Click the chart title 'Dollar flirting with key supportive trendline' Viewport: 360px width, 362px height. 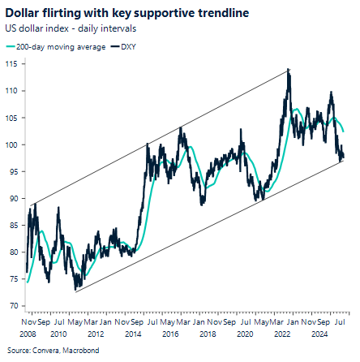click(x=122, y=13)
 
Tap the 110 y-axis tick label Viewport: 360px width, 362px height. click(x=13, y=91)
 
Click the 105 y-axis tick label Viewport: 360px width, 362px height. click(x=13, y=118)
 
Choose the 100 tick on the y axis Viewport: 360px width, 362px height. click(x=13, y=144)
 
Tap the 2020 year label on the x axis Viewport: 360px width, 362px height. click(x=244, y=333)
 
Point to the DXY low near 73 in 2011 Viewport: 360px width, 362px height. click(x=75, y=289)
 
